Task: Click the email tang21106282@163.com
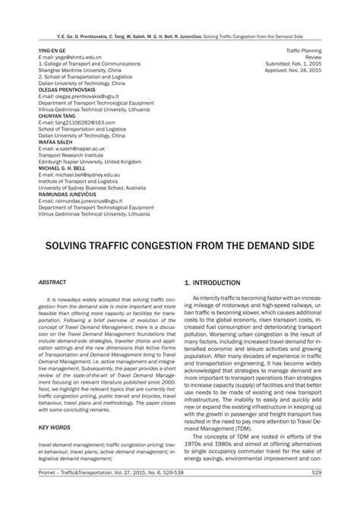77,122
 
